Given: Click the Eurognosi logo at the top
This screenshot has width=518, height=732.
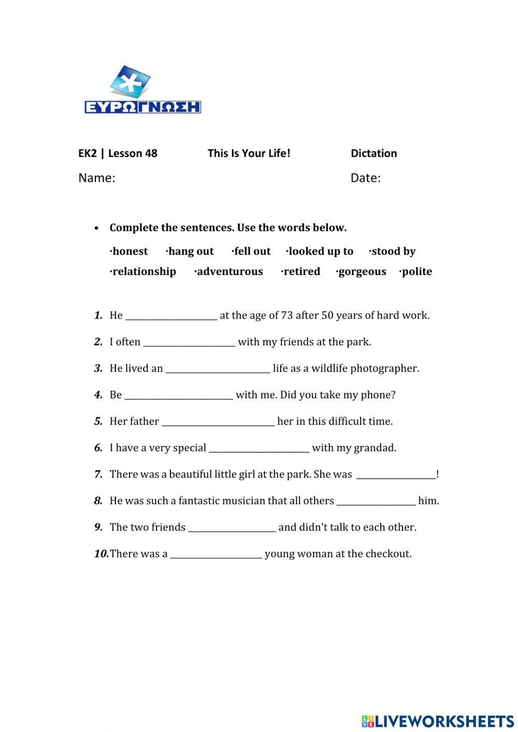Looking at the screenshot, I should coord(142,90).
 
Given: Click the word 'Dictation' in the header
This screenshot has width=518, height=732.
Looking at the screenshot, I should coord(373,153).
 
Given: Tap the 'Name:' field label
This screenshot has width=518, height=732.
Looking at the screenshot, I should coord(97,178).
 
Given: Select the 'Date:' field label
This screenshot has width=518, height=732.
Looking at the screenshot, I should coord(365,178).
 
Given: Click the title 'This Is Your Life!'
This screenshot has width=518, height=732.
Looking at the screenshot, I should coord(249,153).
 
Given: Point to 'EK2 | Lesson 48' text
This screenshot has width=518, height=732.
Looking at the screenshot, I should coord(118,153).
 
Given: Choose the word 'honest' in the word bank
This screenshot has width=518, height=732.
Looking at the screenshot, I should coord(129,252).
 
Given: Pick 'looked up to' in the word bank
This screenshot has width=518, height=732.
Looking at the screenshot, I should coord(320,252).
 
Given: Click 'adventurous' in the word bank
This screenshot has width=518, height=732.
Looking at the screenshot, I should coord(229,272).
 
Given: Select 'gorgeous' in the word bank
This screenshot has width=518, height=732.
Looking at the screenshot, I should coord(362,272).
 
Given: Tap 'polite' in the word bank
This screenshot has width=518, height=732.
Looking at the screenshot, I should coord(416,272).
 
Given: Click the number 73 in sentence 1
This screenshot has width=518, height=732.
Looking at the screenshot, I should coord(287,315).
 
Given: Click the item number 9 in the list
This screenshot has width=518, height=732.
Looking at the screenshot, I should coord(98,527).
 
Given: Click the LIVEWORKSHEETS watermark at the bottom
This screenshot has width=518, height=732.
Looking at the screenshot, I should coord(438,721).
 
